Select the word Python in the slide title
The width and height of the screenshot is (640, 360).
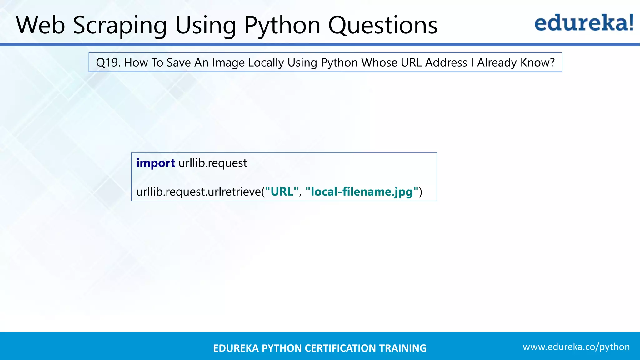pos(282,25)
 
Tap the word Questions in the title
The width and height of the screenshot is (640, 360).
pos(382,25)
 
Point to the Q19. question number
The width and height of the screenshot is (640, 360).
pos(108,62)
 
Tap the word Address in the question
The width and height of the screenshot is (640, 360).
pos(446,62)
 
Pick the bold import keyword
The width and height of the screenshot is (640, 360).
pos(156,163)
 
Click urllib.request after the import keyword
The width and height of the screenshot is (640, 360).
pos(213,163)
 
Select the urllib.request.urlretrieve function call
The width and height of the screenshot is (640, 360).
pos(198,192)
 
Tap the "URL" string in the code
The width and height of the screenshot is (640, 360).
pos(282,192)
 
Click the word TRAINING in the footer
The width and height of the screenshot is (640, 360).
pos(403,348)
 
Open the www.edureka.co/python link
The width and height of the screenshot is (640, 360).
pos(576,347)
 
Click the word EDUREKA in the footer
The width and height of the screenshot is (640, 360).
pos(236,348)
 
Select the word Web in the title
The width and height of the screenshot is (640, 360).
pos(41,25)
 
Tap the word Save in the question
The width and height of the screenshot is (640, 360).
pos(179,62)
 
